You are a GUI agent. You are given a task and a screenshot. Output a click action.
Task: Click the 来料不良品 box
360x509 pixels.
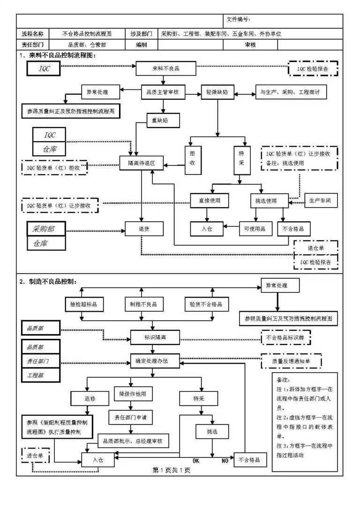point(165,68)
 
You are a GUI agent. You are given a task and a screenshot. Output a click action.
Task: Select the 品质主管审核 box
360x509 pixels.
point(161,92)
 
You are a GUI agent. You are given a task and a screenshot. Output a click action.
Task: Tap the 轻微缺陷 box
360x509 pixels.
point(217,92)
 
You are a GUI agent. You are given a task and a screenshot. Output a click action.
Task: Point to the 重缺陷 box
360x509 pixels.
point(160,120)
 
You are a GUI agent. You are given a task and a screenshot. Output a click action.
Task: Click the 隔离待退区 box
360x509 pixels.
point(141,164)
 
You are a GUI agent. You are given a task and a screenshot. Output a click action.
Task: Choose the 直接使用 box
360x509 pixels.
point(210,201)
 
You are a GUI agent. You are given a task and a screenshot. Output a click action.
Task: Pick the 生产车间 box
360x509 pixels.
point(321,201)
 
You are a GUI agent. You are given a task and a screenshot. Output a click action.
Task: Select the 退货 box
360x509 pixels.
point(144,228)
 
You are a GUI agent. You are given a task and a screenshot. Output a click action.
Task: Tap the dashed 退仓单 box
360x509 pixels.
point(315,247)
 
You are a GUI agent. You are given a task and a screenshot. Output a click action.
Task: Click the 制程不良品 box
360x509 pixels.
point(143,304)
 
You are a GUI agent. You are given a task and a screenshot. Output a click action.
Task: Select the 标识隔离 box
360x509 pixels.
point(155,337)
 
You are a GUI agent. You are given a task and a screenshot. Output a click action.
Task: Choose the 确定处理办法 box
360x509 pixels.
point(155,360)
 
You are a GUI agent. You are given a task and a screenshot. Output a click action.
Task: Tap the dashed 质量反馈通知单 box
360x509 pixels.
point(290,361)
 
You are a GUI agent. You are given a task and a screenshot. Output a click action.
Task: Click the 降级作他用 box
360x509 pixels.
point(134,393)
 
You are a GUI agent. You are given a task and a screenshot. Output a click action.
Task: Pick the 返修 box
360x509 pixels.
point(90,398)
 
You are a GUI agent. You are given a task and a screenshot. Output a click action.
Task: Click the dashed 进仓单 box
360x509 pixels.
point(35,455)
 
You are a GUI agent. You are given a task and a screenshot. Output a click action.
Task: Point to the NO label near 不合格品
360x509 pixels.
point(225,461)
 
